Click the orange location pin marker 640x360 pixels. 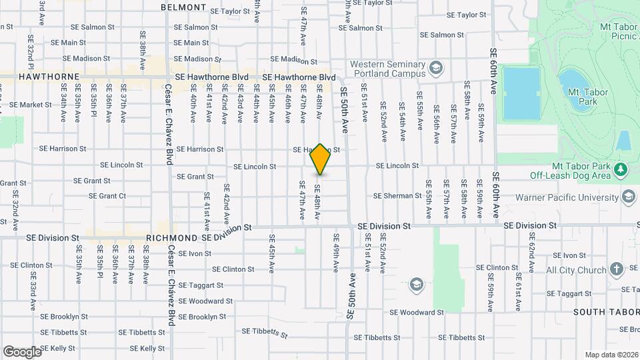click(x=320, y=159)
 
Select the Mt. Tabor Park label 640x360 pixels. click(x=578, y=97)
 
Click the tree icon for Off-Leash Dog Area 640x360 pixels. click(x=621, y=169)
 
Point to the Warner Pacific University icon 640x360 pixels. click(x=628, y=197)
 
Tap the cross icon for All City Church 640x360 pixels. click(x=616, y=269)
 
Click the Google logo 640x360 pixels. click(x=23, y=351)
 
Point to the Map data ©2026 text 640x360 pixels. click(x=611, y=355)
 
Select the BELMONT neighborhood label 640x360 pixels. click(x=184, y=7)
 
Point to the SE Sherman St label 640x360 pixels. click(x=397, y=196)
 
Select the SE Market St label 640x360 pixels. click(x=31, y=105)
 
